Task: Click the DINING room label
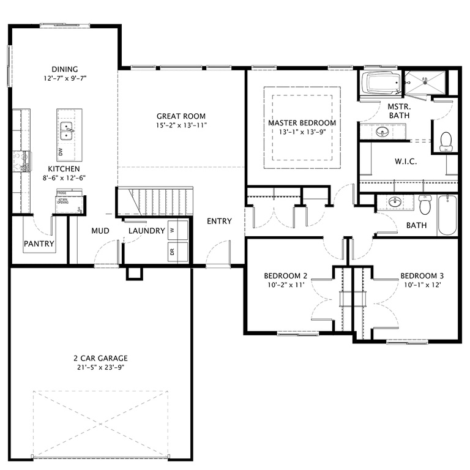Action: (x=64, y=69)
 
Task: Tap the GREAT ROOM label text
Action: (x=181, y=116)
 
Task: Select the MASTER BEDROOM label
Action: (x=302, y=123)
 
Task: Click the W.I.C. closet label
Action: (x=406, y=162)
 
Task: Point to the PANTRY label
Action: (x=39, y=244)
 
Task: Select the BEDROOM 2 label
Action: (x=285, y=275)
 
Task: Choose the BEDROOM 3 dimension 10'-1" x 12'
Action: (x=422, y=285)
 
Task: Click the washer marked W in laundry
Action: (x=173, y=230)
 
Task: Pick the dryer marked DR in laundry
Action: (x=173, y=251)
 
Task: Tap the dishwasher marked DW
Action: (x=60, y=151)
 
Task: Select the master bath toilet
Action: (x=446, y=141)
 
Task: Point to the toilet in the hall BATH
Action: (x=425, y=204)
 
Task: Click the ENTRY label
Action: (x=219, y=221)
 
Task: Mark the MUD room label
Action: (x=100, y=231)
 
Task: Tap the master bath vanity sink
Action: (x=382, y=132)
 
